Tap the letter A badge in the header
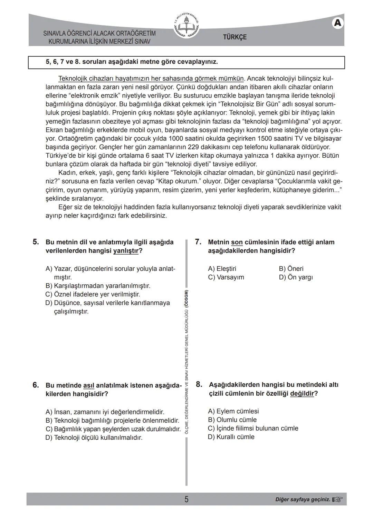338,23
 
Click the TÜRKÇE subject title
235,37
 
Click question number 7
198,242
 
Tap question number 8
199,384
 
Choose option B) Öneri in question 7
291,269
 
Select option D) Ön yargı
296,277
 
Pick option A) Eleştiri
222,269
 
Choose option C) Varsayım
226,277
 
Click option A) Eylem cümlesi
233,411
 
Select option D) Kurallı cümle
231,437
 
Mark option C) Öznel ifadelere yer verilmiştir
93,294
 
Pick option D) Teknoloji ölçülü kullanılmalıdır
94,438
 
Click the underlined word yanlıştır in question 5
126,251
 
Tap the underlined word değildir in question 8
302,394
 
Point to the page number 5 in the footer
186,499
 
